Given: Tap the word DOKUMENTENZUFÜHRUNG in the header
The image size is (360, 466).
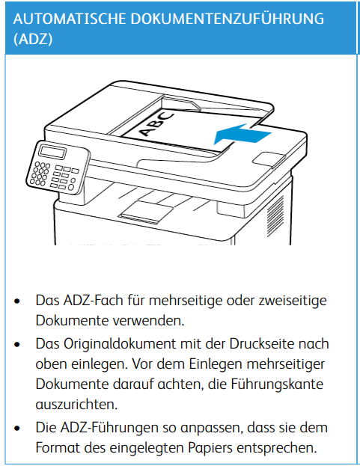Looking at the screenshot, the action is pyautogui.click(x=228, y=18).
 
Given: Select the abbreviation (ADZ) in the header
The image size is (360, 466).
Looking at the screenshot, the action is pyautogui.click(x=33, y=39).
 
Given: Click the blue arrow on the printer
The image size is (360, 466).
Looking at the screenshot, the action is pyautogui.click(x=242, y=135).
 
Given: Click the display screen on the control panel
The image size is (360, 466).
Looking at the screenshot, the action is pyautogui.click(x=52, y=152).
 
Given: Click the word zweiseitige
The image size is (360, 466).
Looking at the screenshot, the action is pyautogui.click(x=293, y=301).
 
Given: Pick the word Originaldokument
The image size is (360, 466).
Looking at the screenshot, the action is pyautogui.click(x=120, y=344).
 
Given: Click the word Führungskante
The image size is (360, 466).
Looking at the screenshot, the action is pyautogui.click(x=277, y=384).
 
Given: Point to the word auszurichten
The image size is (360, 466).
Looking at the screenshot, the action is pyautogui.click(x=76, y=405).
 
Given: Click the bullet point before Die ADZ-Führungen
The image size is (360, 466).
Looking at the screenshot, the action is pyautogui.click(x=17, y=429).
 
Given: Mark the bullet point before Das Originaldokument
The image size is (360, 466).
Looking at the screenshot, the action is pyautogui.click(x=17, y=345).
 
